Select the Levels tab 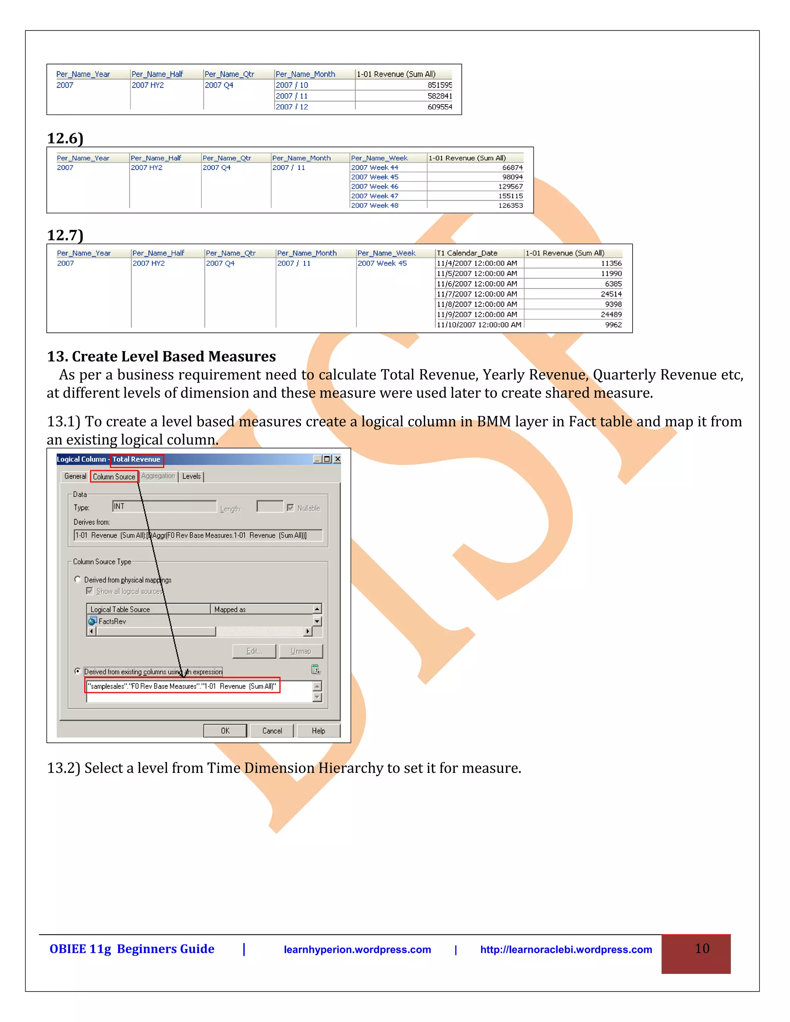point(191,476)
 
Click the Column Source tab point(114,476)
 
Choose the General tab point(75,476)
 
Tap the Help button point(318,730)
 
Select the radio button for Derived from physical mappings point(78,579)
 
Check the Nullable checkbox point(290,508)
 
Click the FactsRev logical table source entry point(112,621)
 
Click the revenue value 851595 point(439,85)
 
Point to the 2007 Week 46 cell point(375,186)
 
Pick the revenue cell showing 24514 point(611,294)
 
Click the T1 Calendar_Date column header point(467,253)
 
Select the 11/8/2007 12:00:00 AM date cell point(476,304)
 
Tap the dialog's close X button point(337,459)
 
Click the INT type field point(164,506)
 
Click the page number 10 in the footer point(702,949)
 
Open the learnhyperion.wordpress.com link point(357,949)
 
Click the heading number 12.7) point(65,235)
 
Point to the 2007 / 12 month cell point(292,107)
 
